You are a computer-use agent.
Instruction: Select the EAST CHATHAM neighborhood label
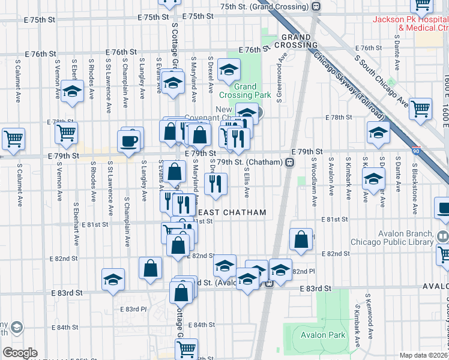pyautogui.click(x=224, y=213)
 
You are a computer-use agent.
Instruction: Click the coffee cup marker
pyautogui.click(x=131, y=141)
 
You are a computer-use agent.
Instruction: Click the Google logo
pyautogui.click(x=20, y=353)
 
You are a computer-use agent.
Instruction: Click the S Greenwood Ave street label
pyautogui.click(x=279, y=77)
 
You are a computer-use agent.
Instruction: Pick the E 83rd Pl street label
pyautogui.click(x=133, y=309)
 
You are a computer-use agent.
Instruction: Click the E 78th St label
pyautogui.click(x=337, y=118)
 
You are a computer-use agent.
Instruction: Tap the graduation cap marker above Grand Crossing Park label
pyautogui.click(x=228, y=71)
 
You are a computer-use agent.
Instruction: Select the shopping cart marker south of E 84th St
pyautogui.click(x=187, y=349)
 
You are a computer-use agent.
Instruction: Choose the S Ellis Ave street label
pyautogui.click(x=247, y=182)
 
